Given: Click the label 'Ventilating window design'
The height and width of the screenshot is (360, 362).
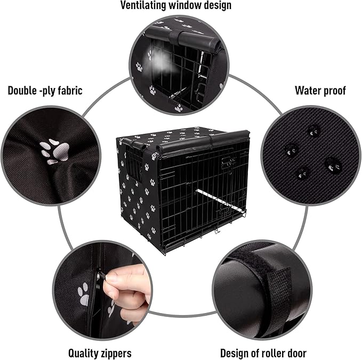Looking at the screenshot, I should [176, 6].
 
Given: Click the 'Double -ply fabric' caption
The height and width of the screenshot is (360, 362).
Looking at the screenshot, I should [45, 90].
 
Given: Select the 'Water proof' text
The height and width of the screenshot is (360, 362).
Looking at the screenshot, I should [320, 90].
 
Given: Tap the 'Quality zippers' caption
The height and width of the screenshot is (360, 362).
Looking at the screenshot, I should [100, 353].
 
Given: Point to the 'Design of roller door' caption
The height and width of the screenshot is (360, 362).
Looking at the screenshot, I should [263, 353].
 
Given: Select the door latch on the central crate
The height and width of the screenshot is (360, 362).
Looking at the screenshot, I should [228, 163].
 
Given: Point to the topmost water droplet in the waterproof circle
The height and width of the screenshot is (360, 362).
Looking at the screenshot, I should [313, 130].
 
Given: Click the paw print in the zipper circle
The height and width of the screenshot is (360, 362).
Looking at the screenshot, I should [84, 294].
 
